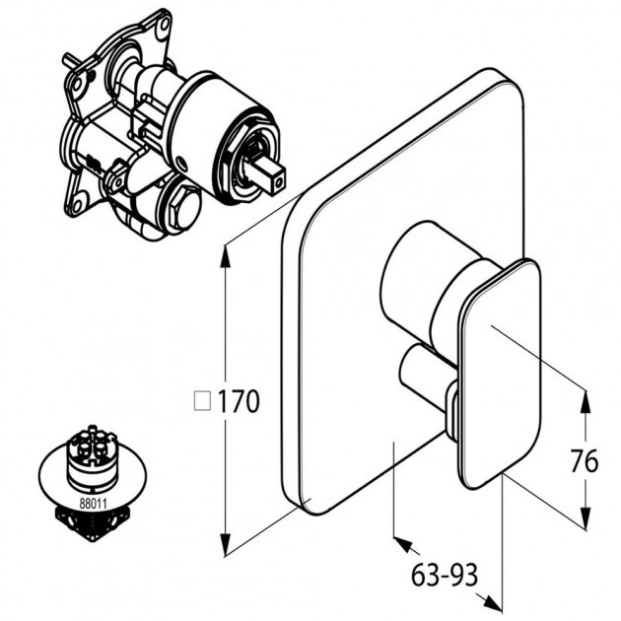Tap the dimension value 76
coord(585,461)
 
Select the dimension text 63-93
coord(445,575)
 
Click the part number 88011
coord(94,504)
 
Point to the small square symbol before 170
coord(202,400)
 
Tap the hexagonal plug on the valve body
coord(184,209)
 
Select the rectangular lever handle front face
coord(500,373)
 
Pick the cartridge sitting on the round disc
coord(92,456)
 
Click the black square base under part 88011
coord(94,522)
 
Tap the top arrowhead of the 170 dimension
coord(226,257)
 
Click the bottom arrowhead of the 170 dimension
coord(226,545)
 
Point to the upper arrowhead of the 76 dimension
coord(585,401)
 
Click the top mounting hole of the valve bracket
coord(163,25)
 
